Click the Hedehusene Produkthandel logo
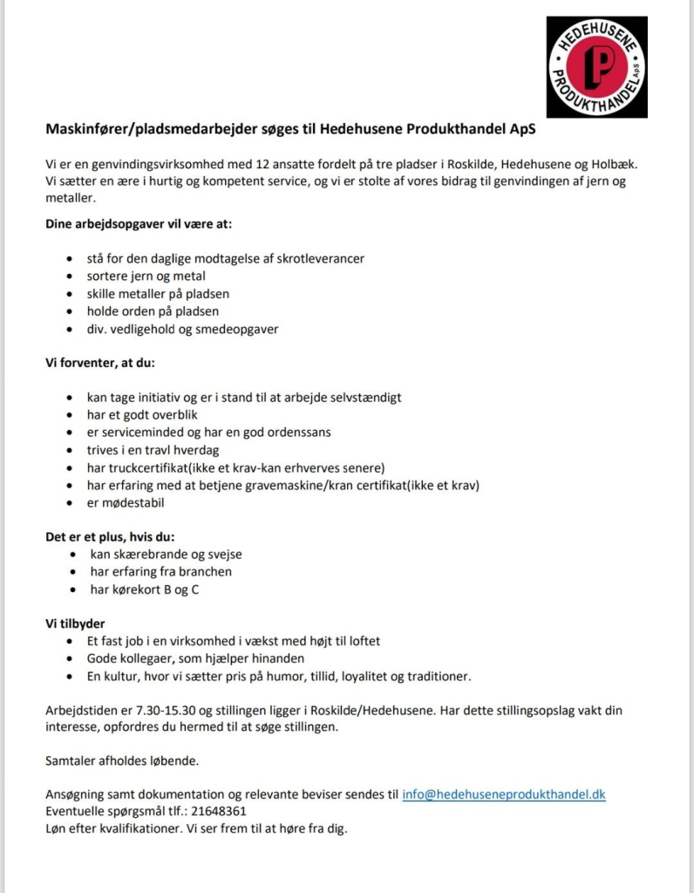597,67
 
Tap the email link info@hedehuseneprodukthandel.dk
503,794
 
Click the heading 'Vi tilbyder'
76,623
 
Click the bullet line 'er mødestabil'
126,502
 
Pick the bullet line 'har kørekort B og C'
145,590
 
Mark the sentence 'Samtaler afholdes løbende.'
122,760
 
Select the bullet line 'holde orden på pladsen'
153,311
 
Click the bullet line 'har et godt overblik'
142,414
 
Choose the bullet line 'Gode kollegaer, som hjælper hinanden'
195,658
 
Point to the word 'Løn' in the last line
57,828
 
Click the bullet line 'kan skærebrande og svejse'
167,554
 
